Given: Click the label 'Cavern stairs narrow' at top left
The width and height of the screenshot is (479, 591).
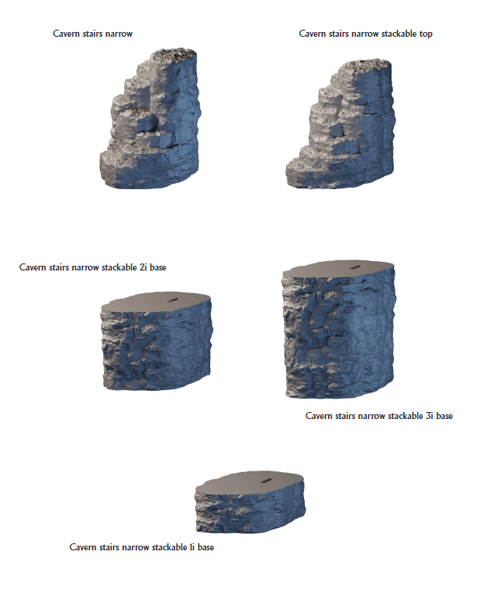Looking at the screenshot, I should [x=92, y=34].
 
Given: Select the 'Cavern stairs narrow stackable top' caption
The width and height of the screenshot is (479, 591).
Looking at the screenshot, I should [x=366, y=34].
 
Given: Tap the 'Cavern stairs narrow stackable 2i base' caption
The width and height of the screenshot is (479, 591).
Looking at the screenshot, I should [x=93, y=267].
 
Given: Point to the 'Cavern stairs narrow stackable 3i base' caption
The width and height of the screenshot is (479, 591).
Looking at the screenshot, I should [x=379, y=416].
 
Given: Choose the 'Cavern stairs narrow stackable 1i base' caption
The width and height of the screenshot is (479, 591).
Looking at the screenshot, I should [x=141, y=547].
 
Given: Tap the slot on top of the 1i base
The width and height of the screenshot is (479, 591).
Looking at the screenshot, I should [x=267, y=479].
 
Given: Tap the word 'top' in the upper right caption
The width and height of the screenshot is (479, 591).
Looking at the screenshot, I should [x=425, y=34].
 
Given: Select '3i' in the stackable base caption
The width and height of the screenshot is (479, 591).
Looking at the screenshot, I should [x=429, y=416].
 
